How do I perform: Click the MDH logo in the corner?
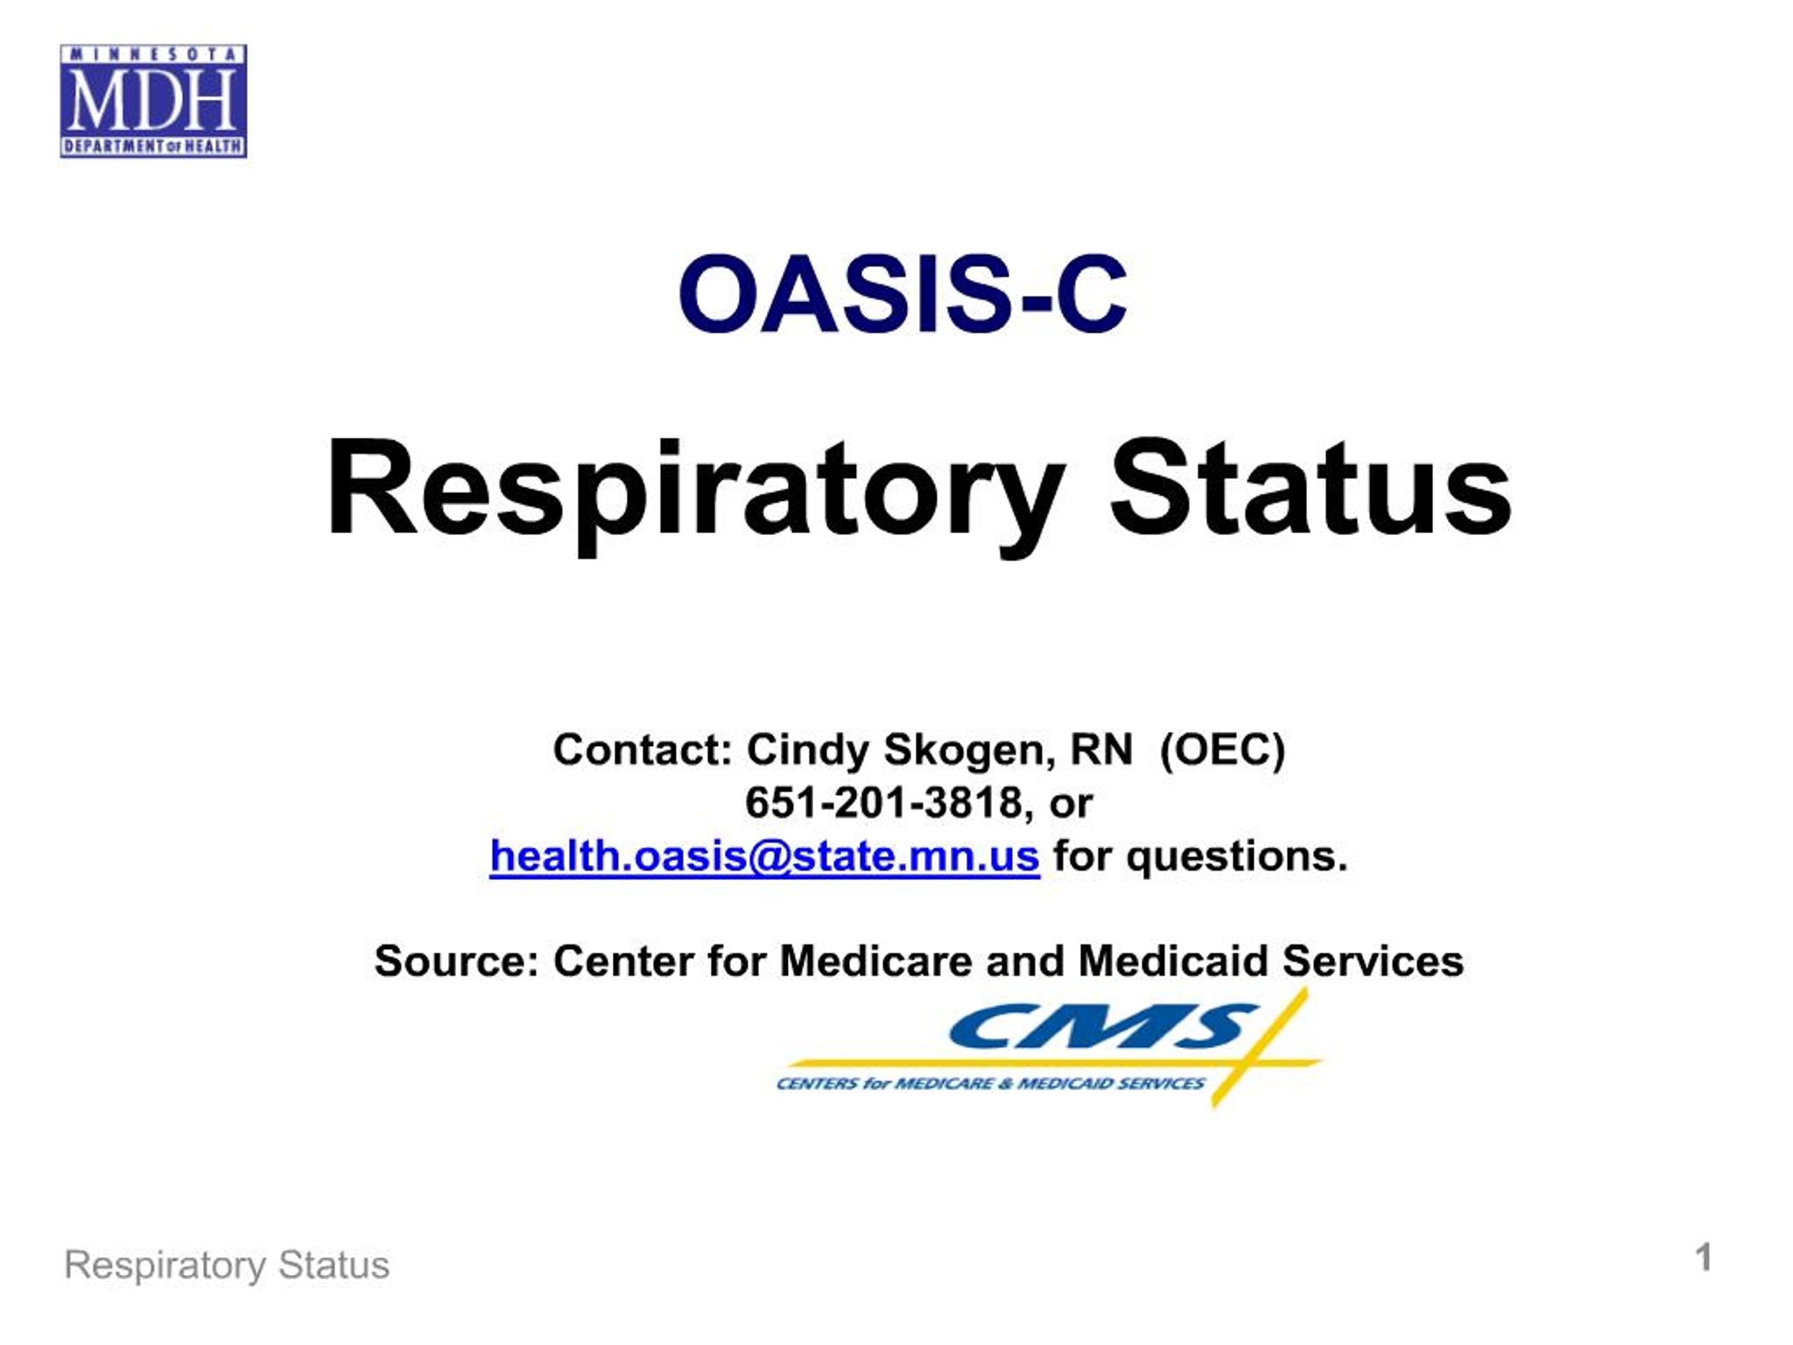tap(153, 101)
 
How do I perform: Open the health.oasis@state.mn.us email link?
tap(764, 856)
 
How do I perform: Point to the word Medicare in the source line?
tap(875, 962)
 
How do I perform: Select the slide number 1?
tap(1704, 1258)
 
